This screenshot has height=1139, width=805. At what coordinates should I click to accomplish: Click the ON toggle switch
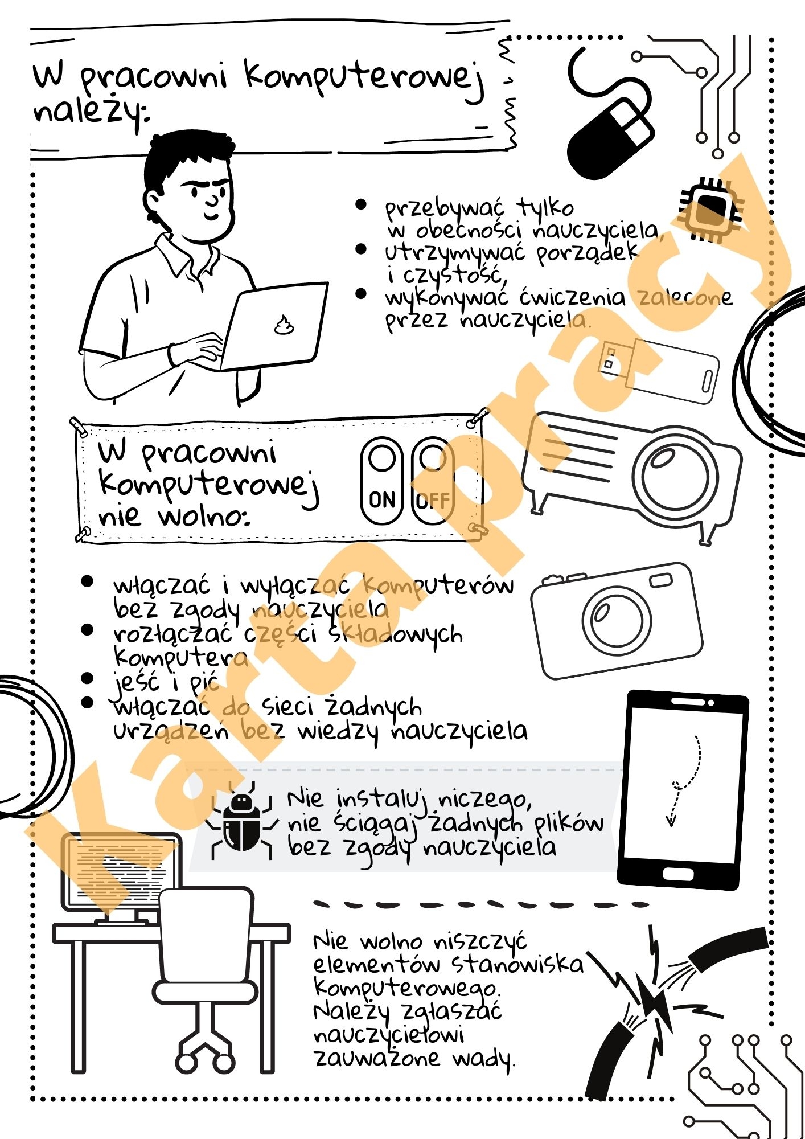coord(382,481)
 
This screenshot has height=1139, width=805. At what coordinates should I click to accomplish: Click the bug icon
coord(242,820)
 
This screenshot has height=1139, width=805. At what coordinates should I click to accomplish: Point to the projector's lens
coord(676,475)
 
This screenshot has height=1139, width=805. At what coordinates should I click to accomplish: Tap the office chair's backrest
coord(205,937)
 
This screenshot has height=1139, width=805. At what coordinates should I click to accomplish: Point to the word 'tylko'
coord(545,209)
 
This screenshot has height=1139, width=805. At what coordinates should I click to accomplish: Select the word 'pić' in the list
coord(204,681)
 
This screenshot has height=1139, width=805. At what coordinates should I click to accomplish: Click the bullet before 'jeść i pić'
coord(87,678)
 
